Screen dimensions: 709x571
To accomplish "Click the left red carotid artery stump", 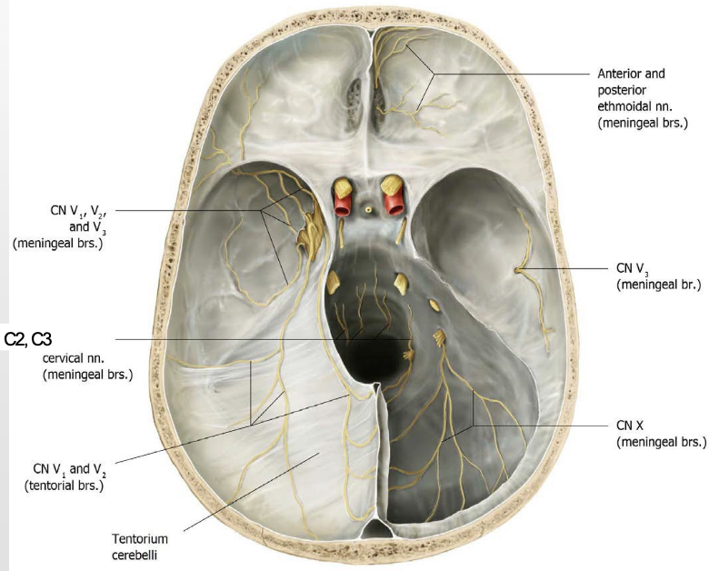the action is (x=343, y=205).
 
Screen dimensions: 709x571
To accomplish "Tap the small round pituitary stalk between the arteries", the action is (x=368, y=208).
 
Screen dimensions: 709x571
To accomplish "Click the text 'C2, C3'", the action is (x=29, y=340).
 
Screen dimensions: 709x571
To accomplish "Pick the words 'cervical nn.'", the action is (x=88, y=357).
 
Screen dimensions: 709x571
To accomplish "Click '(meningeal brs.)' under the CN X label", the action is (x=661, y=442).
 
